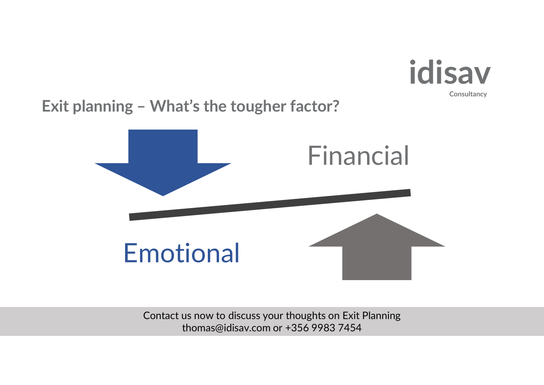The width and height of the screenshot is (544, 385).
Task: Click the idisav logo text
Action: click(450, 72)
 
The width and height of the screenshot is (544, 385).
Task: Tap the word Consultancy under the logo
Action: click(468, 94)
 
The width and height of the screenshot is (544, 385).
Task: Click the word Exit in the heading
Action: click(55, 106)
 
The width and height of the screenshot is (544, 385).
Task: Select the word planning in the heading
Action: click(103, 107)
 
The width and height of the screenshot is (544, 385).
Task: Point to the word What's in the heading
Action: click(175, 106)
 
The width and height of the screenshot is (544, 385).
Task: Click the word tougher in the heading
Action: click(258, 107)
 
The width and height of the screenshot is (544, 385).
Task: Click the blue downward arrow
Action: click(163, 163)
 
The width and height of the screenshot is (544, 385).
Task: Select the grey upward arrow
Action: click(377, 247)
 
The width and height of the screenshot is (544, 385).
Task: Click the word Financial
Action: click(358, 156)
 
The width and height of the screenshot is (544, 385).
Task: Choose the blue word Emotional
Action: click(182, 253)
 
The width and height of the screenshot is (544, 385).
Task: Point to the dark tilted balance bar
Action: click(270, 205)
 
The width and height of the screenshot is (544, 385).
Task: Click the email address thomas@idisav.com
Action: click(226, 328)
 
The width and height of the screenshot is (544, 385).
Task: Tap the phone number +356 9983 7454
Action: click(323, 328)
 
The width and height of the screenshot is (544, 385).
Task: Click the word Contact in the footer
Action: click(161, 316)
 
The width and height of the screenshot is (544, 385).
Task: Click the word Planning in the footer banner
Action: click(381, 316)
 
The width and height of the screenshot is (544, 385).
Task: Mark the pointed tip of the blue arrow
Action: click(163, 196)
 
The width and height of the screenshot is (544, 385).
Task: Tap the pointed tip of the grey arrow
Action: click(377, 214)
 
